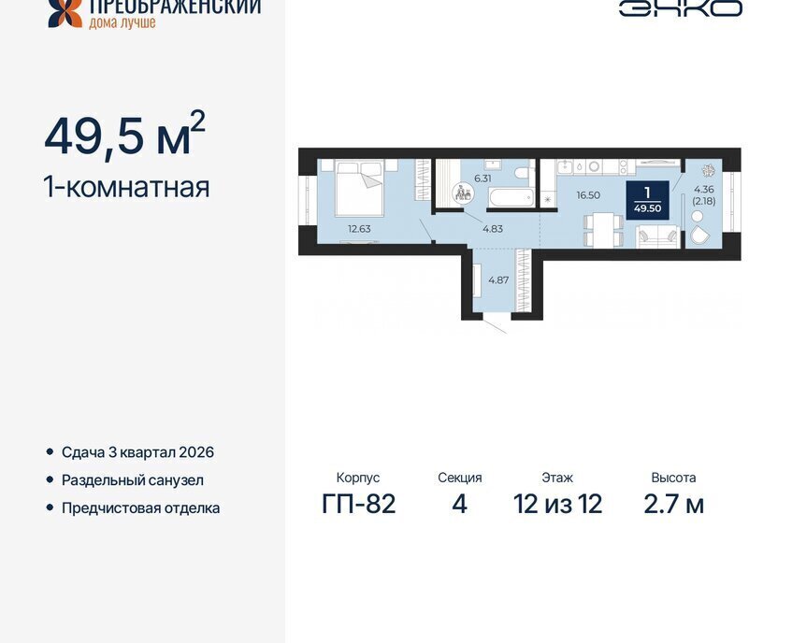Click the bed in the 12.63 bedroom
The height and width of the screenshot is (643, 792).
pyautogui.click(x=360, y=187)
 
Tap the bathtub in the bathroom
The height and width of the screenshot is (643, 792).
pyautogui.click(x=511, y=197)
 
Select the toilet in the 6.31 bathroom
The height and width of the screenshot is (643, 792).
pyautogui.click(x=521, y=174)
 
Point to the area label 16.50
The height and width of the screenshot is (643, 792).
pyautogui.click(x=588, y=195)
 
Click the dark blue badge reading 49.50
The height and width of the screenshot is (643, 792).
pyautogui.click(x=648, y=200)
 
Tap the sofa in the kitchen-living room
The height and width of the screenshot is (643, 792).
pyautogui.click(x=656, y=236)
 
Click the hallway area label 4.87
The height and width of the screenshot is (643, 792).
pyautogui.click(x=498, y=280)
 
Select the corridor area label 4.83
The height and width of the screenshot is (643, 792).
pyautogui.click(x=493, y=229)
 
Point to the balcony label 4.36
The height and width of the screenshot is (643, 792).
pyautogui.click(x=704, y=190)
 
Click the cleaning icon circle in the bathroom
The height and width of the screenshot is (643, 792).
pyautogui.click(x=463, y=193)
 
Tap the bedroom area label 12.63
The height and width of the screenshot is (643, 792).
pyautogui.click(x=359, y=229)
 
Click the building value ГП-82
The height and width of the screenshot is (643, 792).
pyautogui.click(x=359, y=504)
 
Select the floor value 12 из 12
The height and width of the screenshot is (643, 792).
pyautogui.click(x=557, y=504)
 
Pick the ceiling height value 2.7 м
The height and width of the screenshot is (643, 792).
pyautogui.click(x=674, y=504)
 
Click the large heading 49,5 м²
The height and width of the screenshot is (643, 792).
pyautogui.click(x=124, y=135)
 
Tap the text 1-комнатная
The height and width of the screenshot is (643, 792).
pyautogui.click(x=127, y=187)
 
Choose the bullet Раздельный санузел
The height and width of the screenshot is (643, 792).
pyautogui.click(x=133, y=480)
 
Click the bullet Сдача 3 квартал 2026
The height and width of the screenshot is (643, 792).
pyautogui.click(x=137, y=452)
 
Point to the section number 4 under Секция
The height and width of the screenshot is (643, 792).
pyautogui.click(x=460, y=504)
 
